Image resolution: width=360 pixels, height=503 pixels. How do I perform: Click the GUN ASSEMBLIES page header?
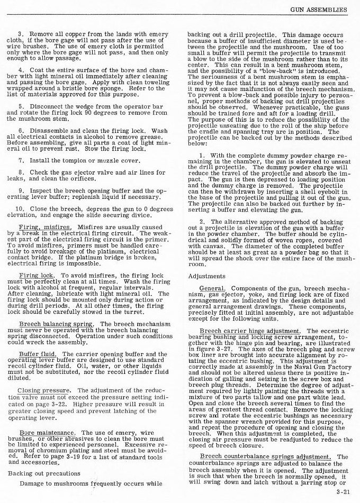point(319,9)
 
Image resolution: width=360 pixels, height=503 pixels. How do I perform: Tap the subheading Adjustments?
point(207,276)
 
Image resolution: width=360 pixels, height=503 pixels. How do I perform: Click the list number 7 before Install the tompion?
point(20,159)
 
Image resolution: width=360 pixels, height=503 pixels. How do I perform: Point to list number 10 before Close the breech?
point(21,208)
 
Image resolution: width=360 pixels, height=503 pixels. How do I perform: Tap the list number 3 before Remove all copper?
point(20,33)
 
